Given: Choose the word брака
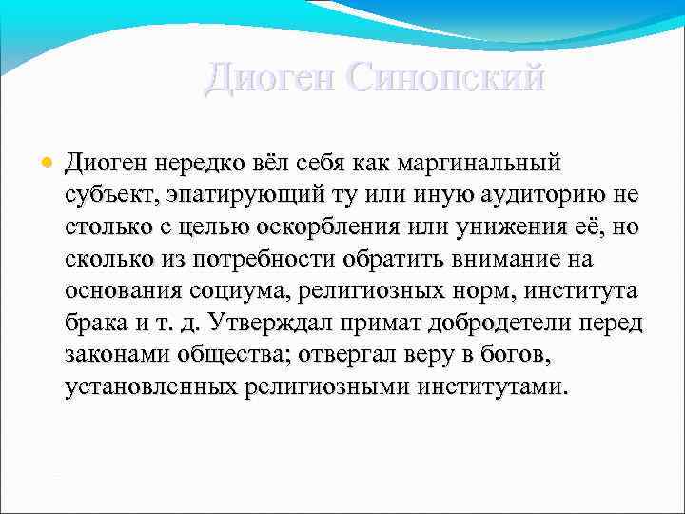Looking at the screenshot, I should click(95, 324).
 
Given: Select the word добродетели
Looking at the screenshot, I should click(500, 324).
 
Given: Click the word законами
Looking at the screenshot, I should click(118, 356).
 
